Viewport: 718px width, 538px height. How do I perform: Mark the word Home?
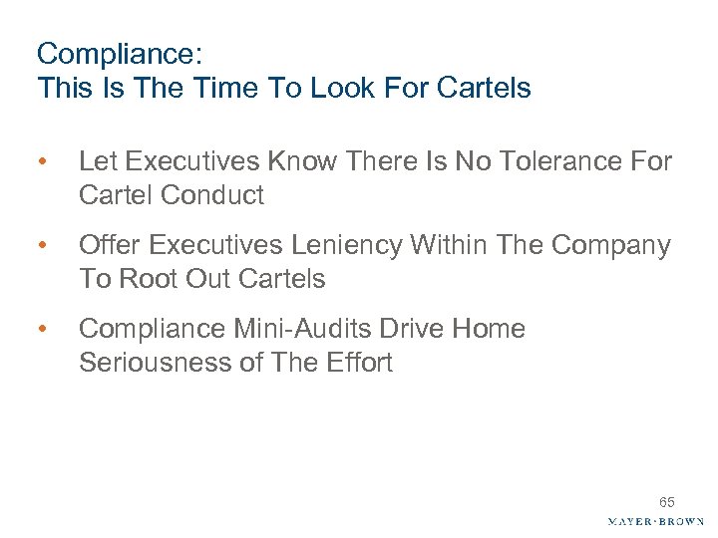(495, 329)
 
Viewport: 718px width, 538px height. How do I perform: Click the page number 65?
(666, 503)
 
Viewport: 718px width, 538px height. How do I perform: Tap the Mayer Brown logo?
(655, 521)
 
